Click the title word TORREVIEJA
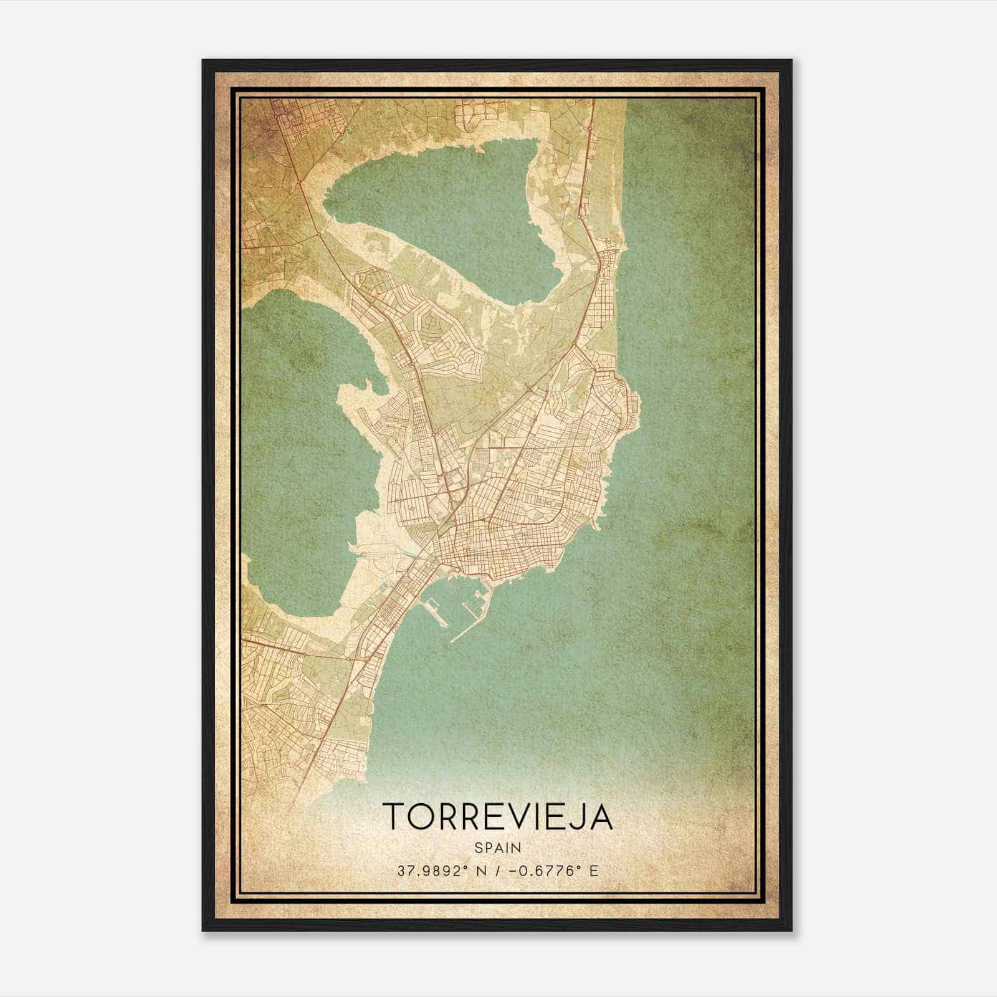click(498, 816)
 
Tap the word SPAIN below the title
click(498, 847)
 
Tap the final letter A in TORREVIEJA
click(601, 816)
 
